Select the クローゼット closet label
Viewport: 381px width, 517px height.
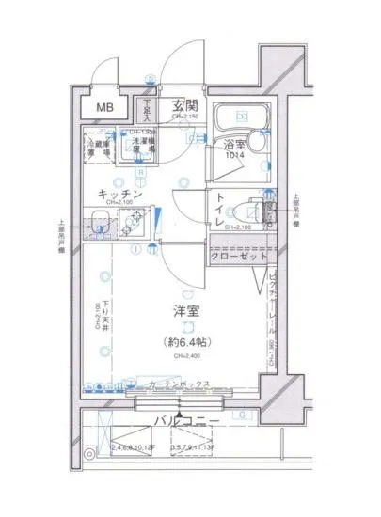(239, 256)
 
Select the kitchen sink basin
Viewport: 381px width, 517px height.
(103, 225)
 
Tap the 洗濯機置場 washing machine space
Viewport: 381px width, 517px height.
(143, 143)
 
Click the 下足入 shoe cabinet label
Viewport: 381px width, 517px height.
(146, 111)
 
